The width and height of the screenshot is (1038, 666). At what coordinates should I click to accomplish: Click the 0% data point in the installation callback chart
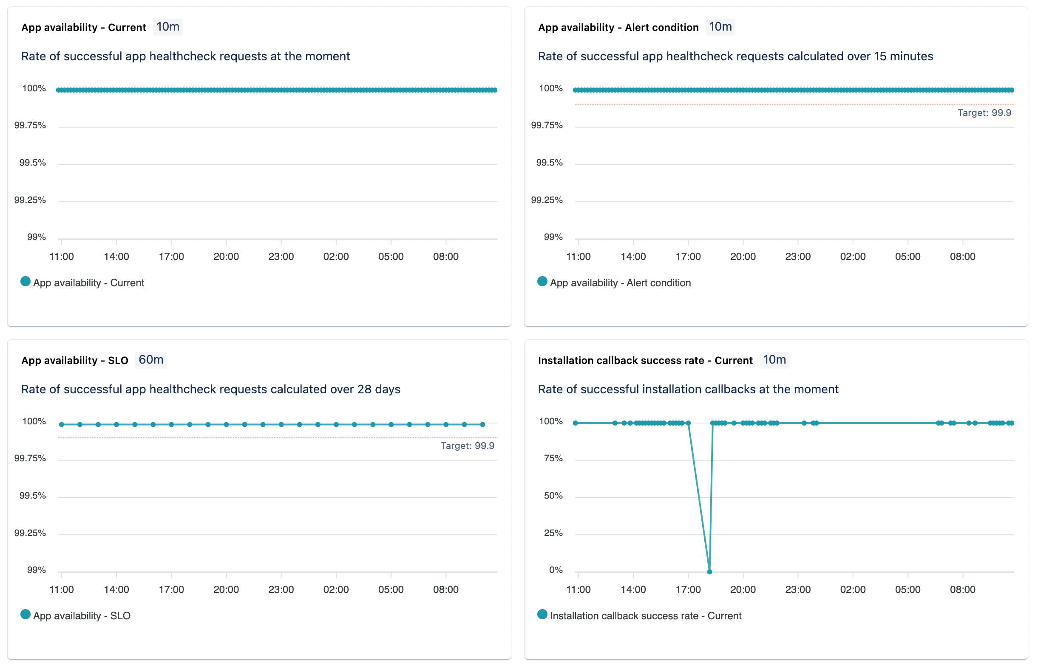(x=709, y=572)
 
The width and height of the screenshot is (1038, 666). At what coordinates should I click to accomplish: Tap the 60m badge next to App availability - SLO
(x=151, y=360)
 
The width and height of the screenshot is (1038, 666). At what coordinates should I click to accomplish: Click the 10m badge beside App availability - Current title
(x=168, y=27)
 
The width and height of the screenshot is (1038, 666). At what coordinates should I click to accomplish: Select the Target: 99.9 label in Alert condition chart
(x=984, y=113)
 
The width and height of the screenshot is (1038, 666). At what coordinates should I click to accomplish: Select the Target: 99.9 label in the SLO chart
(x=467, y=446)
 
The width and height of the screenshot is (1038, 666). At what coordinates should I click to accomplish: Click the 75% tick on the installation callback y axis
(x=553, y=458)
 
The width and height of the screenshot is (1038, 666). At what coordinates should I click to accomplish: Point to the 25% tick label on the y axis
(x=553, y=533)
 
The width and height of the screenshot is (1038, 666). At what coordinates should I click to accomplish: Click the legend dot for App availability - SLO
(x=26, y=615)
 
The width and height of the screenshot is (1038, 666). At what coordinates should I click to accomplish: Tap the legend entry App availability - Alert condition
(x=620, y=283)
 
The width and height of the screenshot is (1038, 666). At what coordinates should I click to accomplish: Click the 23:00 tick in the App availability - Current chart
(x=281, y=257)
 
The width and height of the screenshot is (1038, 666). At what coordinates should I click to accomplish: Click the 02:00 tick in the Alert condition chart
(x=853, y=257)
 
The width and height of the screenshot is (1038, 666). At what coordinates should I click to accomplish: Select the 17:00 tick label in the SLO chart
(x=171, y=590)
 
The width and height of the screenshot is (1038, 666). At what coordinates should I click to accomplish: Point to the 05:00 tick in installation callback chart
(x=908, y=590)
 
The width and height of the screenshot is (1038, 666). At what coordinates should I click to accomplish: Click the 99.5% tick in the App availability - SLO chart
(x=32, y=496)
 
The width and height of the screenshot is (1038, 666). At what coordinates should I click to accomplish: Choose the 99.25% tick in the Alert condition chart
(x=547, y=200)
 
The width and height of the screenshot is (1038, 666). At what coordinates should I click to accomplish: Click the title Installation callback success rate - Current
(x=645, y=361)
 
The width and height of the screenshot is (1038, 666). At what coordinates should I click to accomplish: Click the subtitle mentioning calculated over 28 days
(x=211, y=389)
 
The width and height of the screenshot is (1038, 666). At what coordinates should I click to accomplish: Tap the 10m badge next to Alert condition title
(x=720, y=27)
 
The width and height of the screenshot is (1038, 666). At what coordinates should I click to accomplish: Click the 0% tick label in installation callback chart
(x=556, y=570)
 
